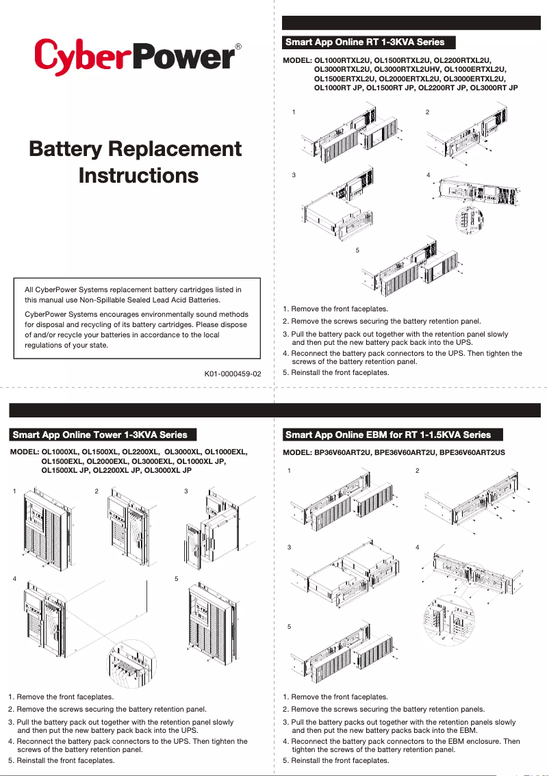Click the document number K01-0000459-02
click(233, 374)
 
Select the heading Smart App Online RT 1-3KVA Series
click(365, 42)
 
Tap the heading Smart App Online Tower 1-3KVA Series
click(100, 435)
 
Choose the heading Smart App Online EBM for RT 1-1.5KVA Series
click(388, 435)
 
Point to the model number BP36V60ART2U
click(340, 452)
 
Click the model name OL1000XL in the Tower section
click(60, 452)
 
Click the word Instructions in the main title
click(138, 175)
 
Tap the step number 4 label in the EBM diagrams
click(418, 548)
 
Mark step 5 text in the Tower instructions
click(61, 760)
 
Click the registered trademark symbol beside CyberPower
click(238, 47)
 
